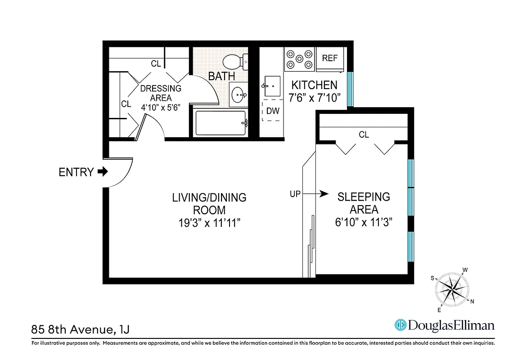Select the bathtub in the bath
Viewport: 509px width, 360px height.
[x=221, y=123]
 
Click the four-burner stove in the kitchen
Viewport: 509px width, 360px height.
[x=299, y=59]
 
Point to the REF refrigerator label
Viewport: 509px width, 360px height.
[x=330, y=58]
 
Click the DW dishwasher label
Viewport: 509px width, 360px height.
[x=273, y=111]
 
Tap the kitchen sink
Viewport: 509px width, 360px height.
[x=272, y=85]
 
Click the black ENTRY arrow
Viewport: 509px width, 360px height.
[x=103, y=171]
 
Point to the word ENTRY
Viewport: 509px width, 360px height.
[x=77, y=172]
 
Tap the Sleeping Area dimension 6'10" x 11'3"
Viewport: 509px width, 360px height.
[x=364, y=222]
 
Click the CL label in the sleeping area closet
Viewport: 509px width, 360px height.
[x=364, y=135]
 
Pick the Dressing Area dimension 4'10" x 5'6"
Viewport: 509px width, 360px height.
[x=161, y=108]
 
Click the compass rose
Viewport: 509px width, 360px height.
[x=452, y=290]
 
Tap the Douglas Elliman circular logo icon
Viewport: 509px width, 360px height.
[x=400, y=325]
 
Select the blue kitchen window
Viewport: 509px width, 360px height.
[x=350, y=90]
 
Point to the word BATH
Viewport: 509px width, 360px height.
[x=221, y=76]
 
